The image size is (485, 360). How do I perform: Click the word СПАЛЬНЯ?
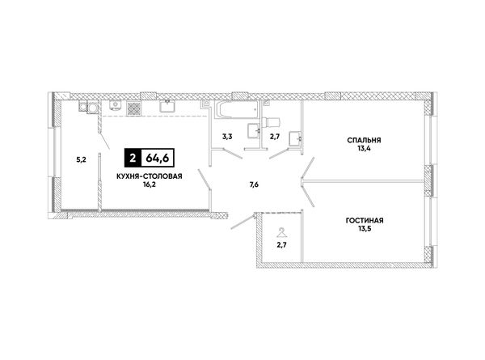364,140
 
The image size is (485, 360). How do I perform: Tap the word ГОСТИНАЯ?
365,221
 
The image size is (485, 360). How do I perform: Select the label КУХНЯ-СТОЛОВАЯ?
149,176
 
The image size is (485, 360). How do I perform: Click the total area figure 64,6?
158,159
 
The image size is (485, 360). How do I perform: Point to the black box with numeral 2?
133,159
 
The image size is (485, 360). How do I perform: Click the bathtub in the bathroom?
238,110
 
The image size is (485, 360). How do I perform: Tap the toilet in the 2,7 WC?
272,122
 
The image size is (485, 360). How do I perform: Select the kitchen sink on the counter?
168,106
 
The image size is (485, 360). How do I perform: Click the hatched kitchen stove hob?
134,108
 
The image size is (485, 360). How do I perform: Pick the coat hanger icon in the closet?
281,233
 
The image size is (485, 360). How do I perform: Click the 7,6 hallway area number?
254,184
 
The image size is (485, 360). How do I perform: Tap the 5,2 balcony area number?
81,160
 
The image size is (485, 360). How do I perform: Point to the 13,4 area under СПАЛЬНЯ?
364,148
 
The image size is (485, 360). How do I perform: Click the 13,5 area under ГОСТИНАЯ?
365,229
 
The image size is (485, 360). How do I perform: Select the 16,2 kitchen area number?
149,184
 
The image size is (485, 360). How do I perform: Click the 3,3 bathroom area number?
227,137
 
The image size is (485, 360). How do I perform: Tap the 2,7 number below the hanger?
282,245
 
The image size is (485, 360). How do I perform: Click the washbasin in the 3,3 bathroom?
255,130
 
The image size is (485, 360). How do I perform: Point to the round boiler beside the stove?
115,105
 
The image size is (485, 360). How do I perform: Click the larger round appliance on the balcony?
93,108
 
